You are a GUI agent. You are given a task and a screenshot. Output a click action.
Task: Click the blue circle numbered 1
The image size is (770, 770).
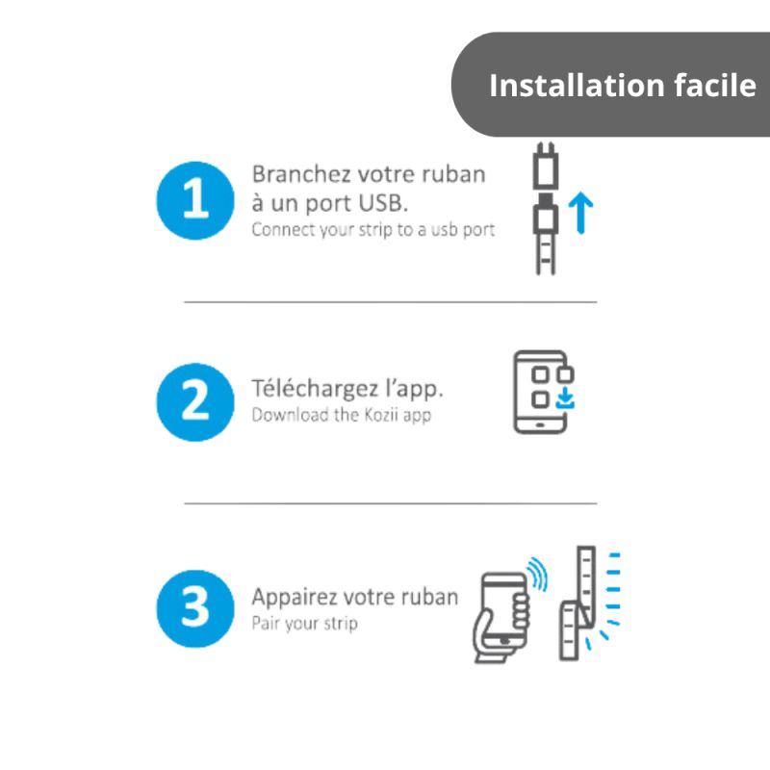pos(194,200)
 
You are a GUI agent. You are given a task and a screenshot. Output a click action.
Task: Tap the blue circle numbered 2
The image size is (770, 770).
pos(194,402)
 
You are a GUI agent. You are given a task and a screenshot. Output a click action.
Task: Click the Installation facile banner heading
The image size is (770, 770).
pos(622,86)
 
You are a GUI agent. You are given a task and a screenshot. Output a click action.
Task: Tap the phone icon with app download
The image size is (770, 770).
pos(543,392)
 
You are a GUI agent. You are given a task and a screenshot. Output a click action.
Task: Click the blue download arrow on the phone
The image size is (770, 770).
pos(567,398)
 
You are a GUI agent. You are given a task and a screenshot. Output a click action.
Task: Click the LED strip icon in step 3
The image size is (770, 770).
pos(580,602)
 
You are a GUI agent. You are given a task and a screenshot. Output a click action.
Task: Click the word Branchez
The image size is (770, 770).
pos(288,175)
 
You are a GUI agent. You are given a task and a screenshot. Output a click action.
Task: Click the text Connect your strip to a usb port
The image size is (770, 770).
pos(372,230)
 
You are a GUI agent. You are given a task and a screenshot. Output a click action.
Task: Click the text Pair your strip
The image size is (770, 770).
pos(304,624)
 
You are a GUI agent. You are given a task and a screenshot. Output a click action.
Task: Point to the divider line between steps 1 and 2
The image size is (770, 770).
pos(390,301)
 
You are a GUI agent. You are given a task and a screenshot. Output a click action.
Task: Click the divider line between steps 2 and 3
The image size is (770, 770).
pos(390,502)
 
